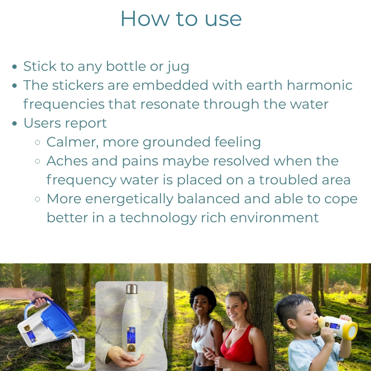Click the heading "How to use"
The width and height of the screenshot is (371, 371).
pyautogui.click(x=181, y=19)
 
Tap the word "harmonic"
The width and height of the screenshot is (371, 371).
pyautogui.click(x=319, y=85)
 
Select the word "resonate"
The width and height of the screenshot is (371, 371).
pyautogui.click(x=170, y=104)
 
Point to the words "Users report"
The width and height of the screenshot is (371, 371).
pyautogui.click(x=65, y=123)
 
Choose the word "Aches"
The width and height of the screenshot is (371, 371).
pyautogui.click(x=67, y=161)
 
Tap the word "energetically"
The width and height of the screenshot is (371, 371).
pyautogui.click(x=129, y=199)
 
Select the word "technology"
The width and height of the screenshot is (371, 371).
pyautogui.click(x=158, y=218)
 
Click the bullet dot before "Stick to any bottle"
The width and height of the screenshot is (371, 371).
pyautogui.click(x=15, y=67)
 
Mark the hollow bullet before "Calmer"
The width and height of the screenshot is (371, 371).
pyautogui.click(x=37, y=142)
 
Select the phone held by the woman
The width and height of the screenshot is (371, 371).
pyautogui.click(x=205, y=348)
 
